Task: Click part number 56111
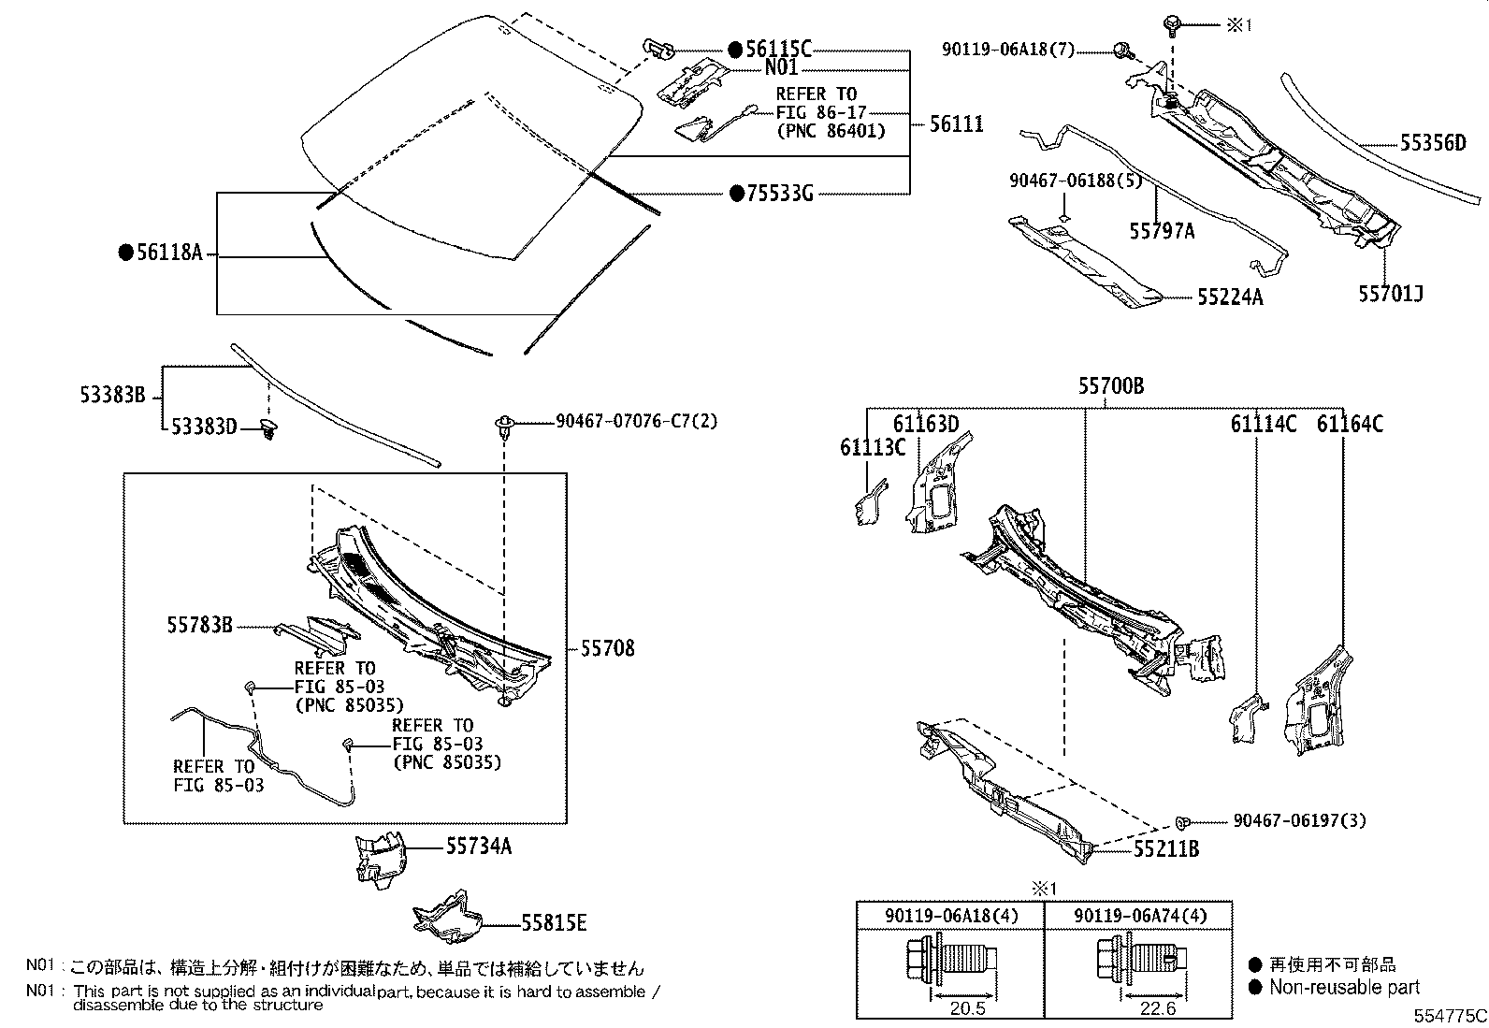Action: click(956, 123)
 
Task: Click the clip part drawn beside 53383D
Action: click(270, 431)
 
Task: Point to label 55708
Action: click(607, 647)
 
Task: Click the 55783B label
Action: click(199, 625)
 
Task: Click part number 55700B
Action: click(1110, 385)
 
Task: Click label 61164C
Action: click(1350, 425)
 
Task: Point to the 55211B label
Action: click(1165, 849)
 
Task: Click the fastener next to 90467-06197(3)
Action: click(1183, 822)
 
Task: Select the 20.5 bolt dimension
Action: click(967, 1008)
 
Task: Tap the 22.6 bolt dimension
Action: click(1157, 1008)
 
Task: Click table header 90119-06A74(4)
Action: click(1135, 915)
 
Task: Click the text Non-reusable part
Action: click(1343, 988)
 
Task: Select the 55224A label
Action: click(1230, 297)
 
